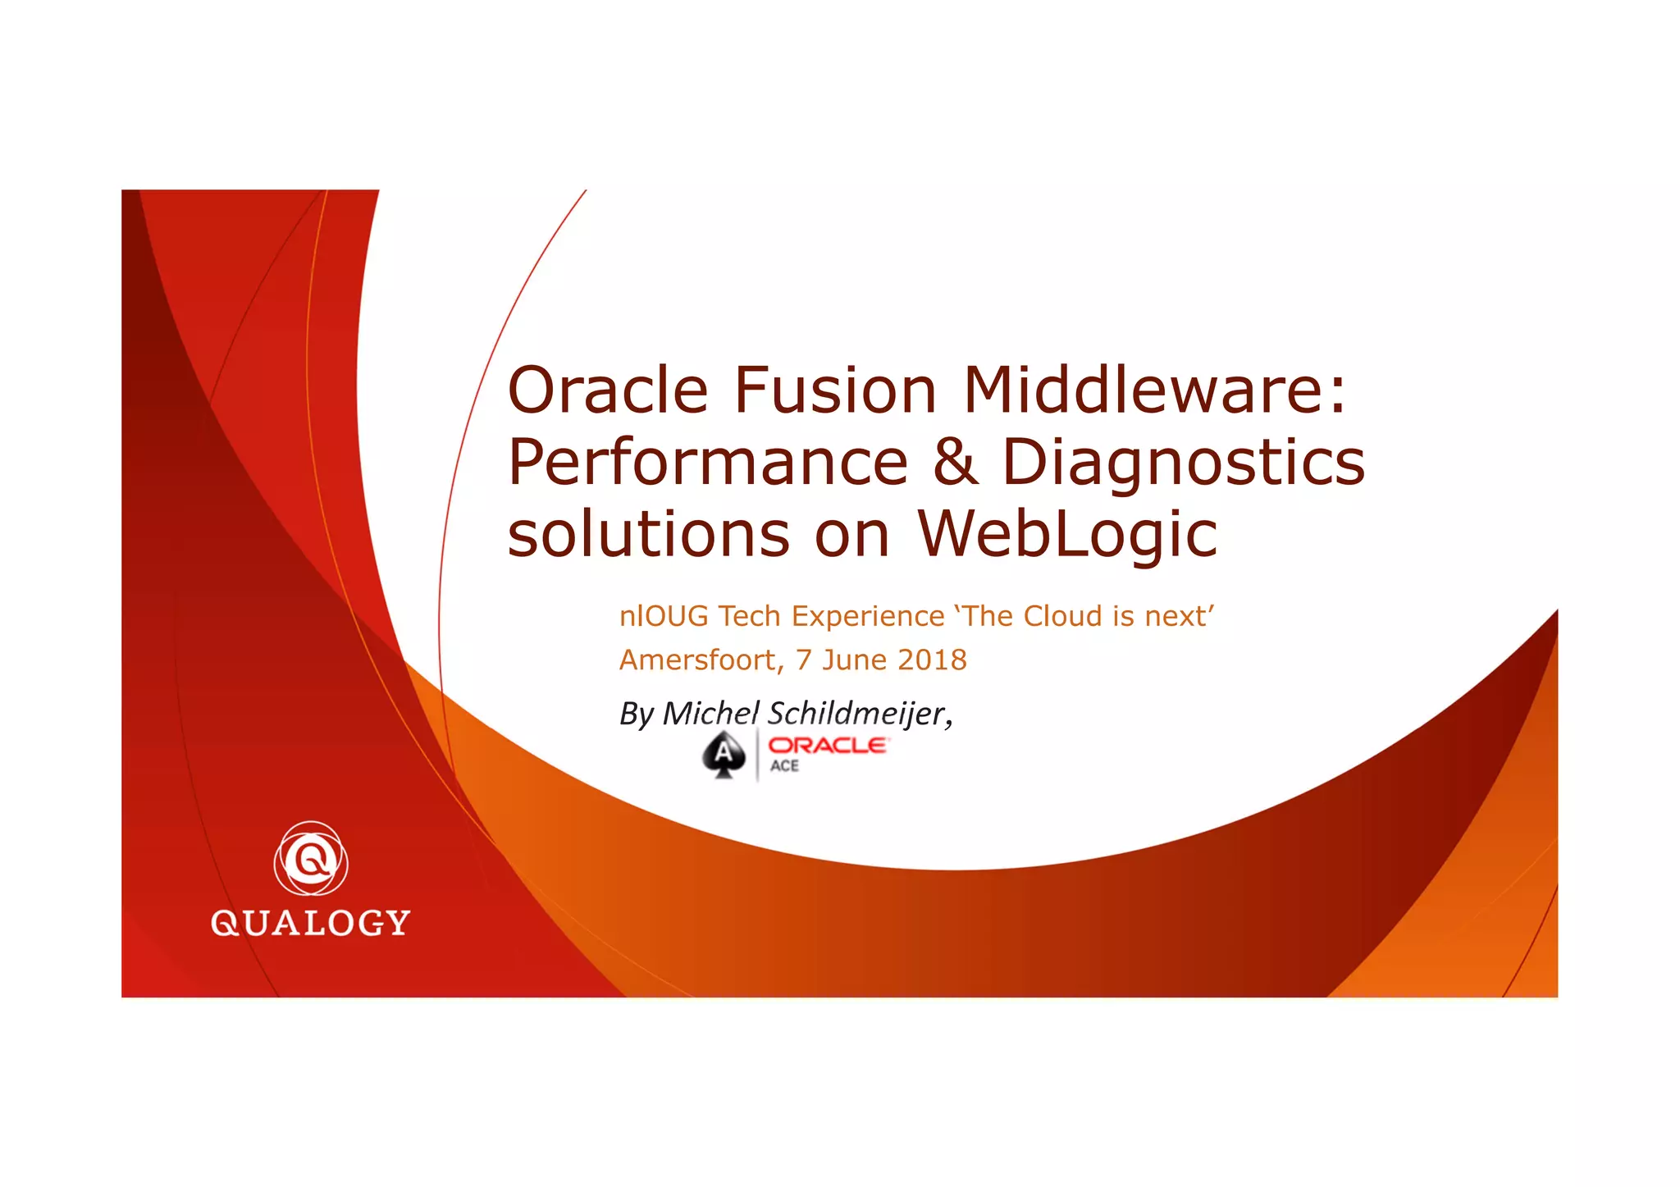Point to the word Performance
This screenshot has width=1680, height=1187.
tap(708, 462)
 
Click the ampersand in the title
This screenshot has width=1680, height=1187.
tap(956, 462)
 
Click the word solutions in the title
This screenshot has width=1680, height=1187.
tap(649, 534)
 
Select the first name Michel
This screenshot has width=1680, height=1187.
tap(710, 714)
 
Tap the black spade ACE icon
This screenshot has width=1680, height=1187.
tap(724, 755)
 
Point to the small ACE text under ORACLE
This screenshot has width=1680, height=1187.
tap(784, 765)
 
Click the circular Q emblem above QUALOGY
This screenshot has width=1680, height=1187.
tap(311, 858)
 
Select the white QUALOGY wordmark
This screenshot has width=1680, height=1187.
tap(310, 923)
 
